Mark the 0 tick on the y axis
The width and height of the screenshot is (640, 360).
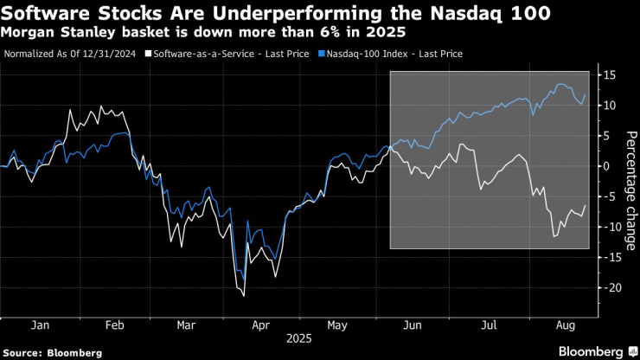tap(605, 166)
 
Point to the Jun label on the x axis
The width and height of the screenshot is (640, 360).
tap(413, 327)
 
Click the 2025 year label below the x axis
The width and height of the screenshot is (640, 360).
tap(299, 340)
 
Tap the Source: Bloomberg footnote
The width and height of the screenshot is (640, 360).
tap(53, 352)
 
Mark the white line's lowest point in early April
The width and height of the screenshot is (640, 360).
tap(243, 296)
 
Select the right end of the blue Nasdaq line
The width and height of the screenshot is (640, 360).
tap(586, 95)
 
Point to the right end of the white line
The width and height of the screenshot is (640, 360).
tap(586, 205)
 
